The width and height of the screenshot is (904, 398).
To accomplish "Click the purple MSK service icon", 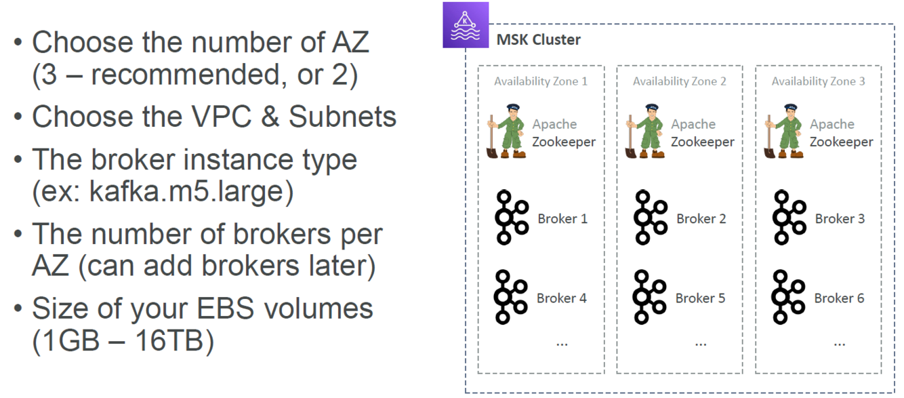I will [x=466, y=25].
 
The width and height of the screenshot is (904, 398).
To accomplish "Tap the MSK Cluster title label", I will [x=539, y=39].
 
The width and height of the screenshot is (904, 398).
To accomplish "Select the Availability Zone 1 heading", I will [x=540, y=81].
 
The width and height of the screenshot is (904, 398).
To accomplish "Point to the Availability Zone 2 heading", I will [x=679, y=81].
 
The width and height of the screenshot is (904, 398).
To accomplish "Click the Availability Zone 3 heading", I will [x=818, y=81].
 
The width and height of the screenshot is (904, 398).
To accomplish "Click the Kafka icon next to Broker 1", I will [x=511, y=218].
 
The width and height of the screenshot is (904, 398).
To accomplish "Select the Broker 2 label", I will [x=701, y=219].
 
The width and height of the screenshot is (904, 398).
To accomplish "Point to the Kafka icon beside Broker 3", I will [x=789, y=218].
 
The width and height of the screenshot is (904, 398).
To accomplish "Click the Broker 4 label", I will [x=561, y=298].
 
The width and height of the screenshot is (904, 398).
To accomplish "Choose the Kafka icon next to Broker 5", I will [x=650, y=297].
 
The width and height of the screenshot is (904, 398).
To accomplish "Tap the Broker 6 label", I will [x=839, y=298].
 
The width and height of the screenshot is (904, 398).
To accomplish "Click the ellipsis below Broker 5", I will [x=701, y=343].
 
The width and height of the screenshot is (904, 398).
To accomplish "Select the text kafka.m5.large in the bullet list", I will [x=186, y=193].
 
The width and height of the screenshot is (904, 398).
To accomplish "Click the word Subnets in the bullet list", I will [x=342, y=117].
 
